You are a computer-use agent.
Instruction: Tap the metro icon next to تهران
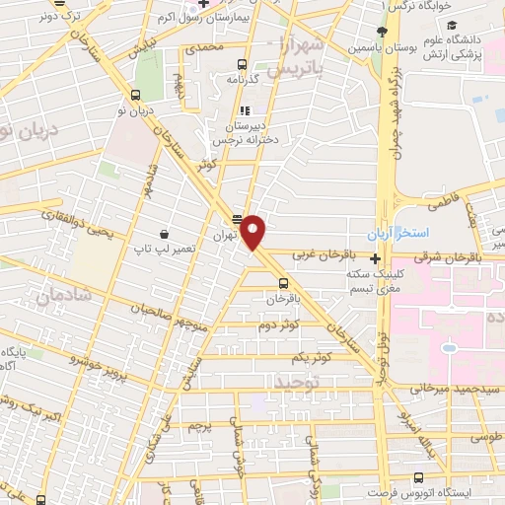pyautogui.click(x=237, y=219)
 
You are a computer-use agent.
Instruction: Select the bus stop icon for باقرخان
pyautogui.click(x=282, y=278)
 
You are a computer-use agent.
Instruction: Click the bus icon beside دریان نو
pyautogui.click(x=135, y=96)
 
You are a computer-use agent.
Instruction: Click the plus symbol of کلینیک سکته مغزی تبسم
pyautogui.click(x=375, y=259)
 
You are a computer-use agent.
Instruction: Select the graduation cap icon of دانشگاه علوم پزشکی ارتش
pyautogui.click(x=450, y=26)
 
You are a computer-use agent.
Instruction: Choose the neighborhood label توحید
pyautogui.click(x=297, y=381)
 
